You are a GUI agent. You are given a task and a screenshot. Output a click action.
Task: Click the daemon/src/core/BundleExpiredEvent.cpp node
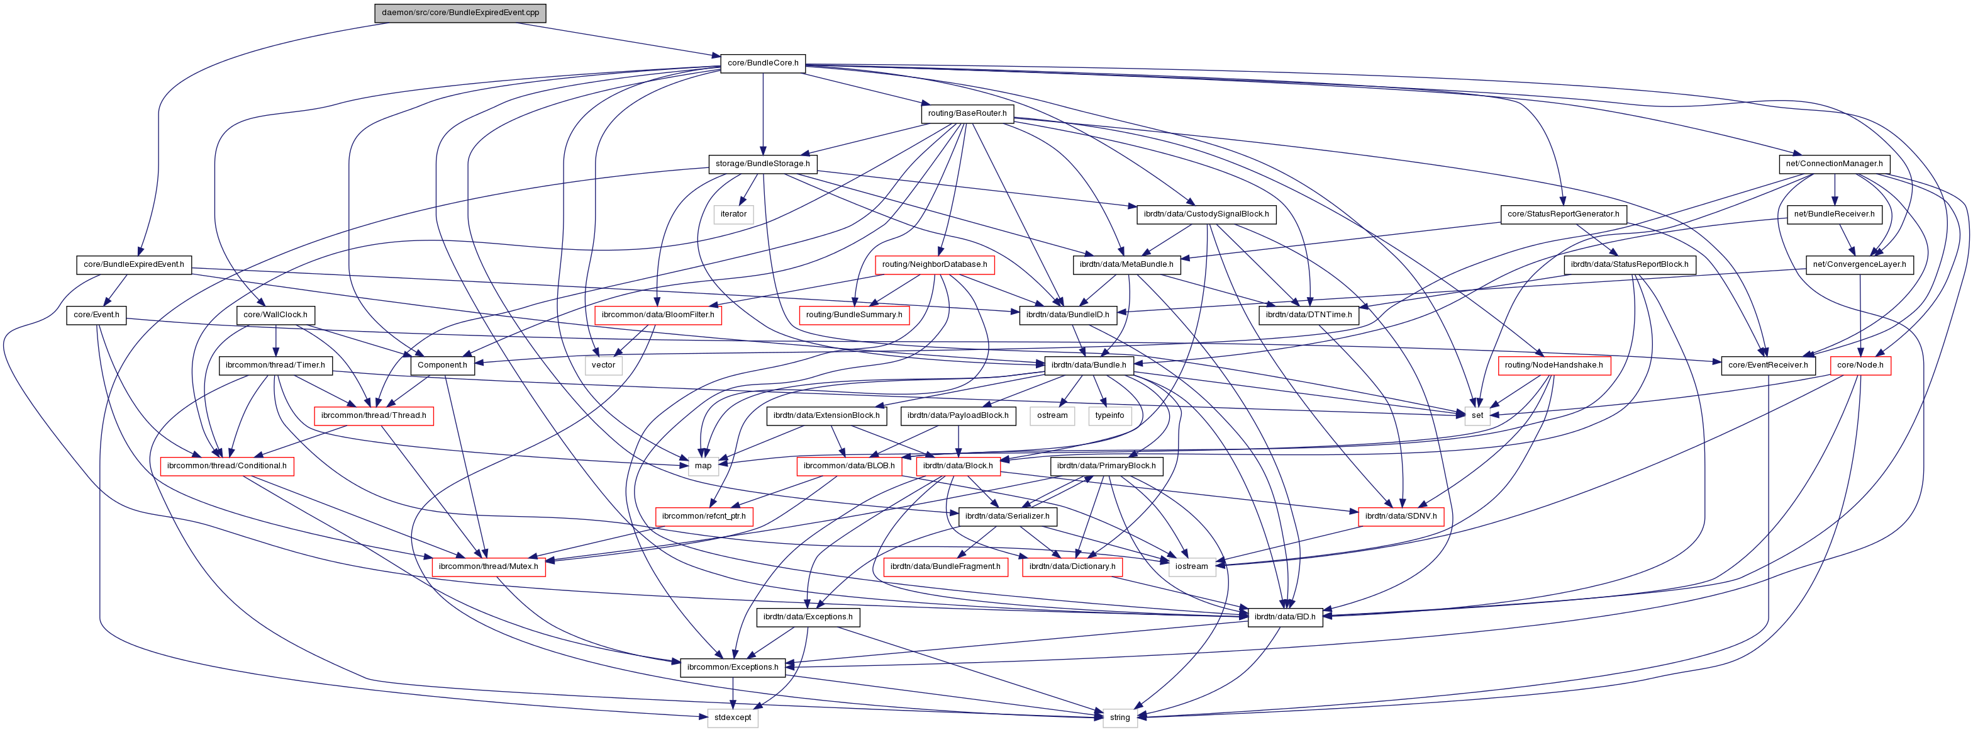coord(460,13)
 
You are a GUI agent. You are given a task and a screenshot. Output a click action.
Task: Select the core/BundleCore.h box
coord(762,63)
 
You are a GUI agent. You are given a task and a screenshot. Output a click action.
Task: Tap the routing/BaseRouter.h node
coord(967,113)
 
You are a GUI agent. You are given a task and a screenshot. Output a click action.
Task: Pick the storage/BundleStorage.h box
coord(762,164)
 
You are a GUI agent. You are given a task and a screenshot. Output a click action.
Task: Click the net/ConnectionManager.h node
coord(1833,164)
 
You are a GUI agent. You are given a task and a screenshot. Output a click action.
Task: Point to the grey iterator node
coord(733,215)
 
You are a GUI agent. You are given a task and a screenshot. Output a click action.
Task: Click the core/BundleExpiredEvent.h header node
coord(133,264)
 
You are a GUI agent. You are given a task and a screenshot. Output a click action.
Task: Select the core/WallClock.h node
coord(275,315)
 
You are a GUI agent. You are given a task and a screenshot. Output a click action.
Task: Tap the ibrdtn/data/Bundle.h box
coord(1087,366)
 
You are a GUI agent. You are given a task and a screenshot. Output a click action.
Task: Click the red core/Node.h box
coord(1860,366)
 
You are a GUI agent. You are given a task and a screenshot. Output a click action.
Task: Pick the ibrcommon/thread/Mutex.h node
coord(489,567)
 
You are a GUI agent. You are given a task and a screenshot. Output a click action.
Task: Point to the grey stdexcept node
coord(732,718)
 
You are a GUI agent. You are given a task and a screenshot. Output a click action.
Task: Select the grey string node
coord(1119,718)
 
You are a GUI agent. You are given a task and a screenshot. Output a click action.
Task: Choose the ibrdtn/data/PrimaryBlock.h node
coord(1106,466)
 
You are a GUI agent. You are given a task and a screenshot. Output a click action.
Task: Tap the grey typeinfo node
coord(1109,415)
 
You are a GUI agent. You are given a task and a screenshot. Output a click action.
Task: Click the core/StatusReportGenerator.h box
coord(1562,215)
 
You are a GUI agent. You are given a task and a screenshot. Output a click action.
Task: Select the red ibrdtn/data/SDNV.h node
coord(1400,517)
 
